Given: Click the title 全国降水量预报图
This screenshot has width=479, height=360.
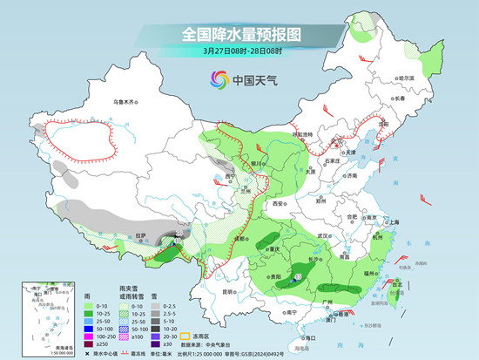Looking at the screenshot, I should pyautogui.click(x=239, y=35).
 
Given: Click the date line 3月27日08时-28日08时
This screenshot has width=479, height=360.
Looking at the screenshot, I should pyautogui.click(x=239, y=51).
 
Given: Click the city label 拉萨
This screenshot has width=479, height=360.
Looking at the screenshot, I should pyautogui.click(x=145, y=234).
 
